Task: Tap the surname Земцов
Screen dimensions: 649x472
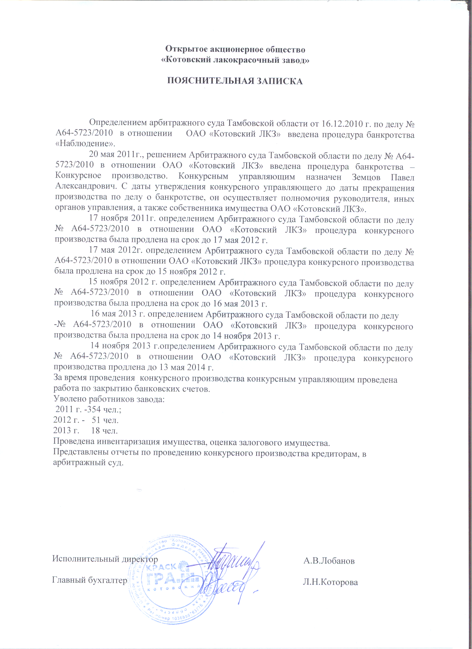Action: coord(366,178)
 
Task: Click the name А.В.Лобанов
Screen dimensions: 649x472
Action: coord(329,561)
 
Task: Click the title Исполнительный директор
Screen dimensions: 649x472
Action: coord(105,559)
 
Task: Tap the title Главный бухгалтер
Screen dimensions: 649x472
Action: coord(89,580)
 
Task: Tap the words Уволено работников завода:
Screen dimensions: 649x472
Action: coord(109,399)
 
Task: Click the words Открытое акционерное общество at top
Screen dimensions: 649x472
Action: coord(235,49)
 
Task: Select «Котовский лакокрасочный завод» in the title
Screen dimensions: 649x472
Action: coord(236,60)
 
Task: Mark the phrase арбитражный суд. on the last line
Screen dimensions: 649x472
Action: coord(88,463)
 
